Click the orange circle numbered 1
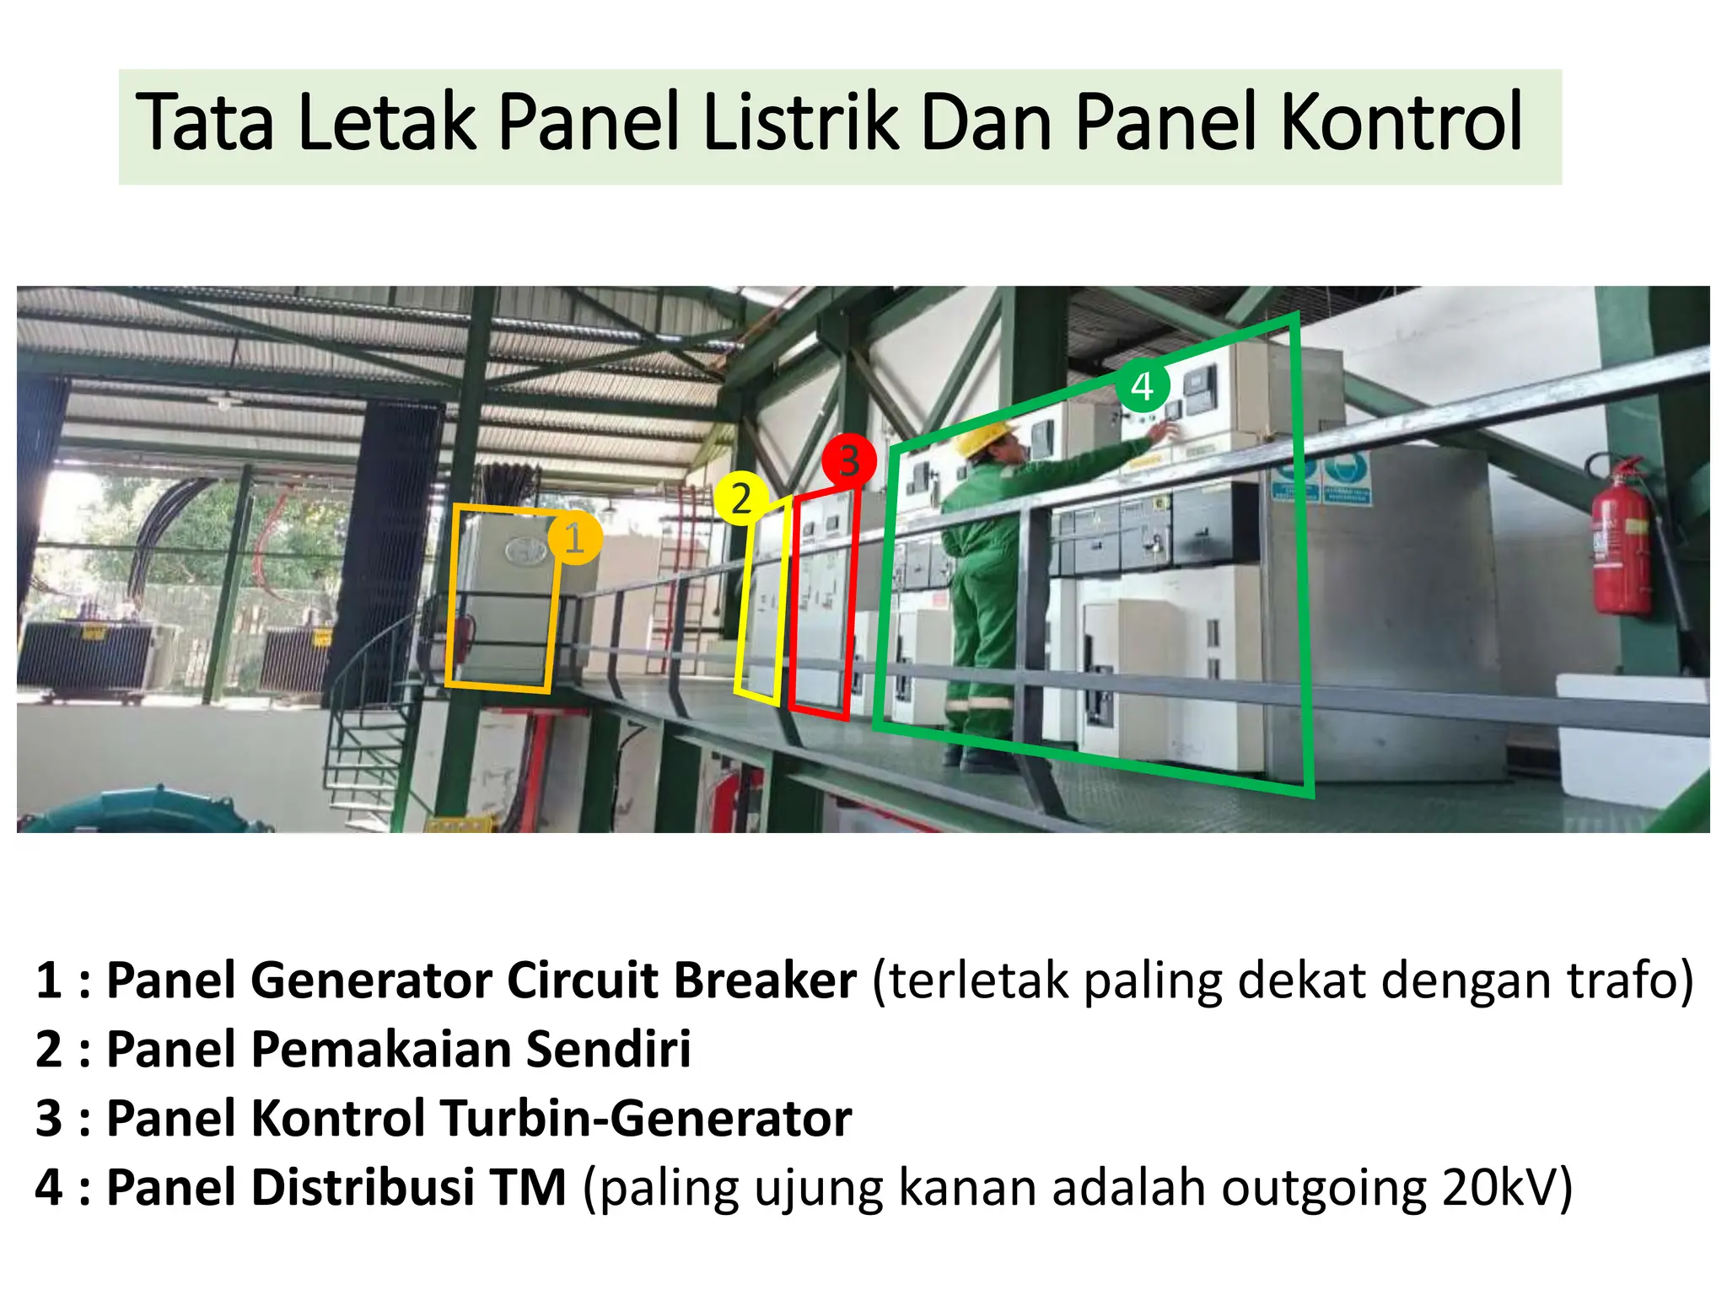click(x=574, y=538)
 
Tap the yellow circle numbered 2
click(x=740, y=498)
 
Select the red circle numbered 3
click(x=848, y=460)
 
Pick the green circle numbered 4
click(x=1143, y=386)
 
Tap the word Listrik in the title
click(x=800, y=123)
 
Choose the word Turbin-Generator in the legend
click(x=646, y=1119)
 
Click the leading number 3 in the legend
click(x=49, y=1119)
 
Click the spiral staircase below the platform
click(x=371, y=725)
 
